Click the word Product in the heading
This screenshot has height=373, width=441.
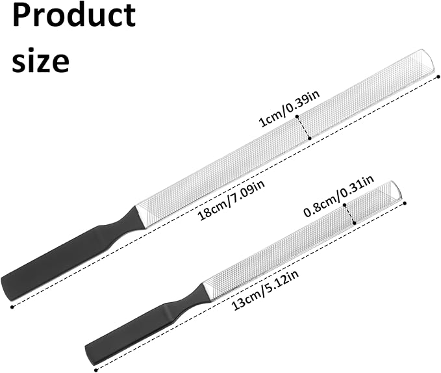(74, 15)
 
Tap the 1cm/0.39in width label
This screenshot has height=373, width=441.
(290, 109)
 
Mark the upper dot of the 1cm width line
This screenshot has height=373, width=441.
(297, 116)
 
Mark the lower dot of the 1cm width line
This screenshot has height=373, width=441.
(310, 138)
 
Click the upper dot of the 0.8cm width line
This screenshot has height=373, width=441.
(344, 205)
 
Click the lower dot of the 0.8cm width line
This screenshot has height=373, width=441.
(355, 223)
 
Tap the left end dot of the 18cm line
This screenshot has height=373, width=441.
(12, 307)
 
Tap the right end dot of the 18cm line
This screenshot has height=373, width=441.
(438, 76)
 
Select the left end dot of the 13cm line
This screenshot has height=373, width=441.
(95, 370)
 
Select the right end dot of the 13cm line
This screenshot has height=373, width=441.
(405, 203)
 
